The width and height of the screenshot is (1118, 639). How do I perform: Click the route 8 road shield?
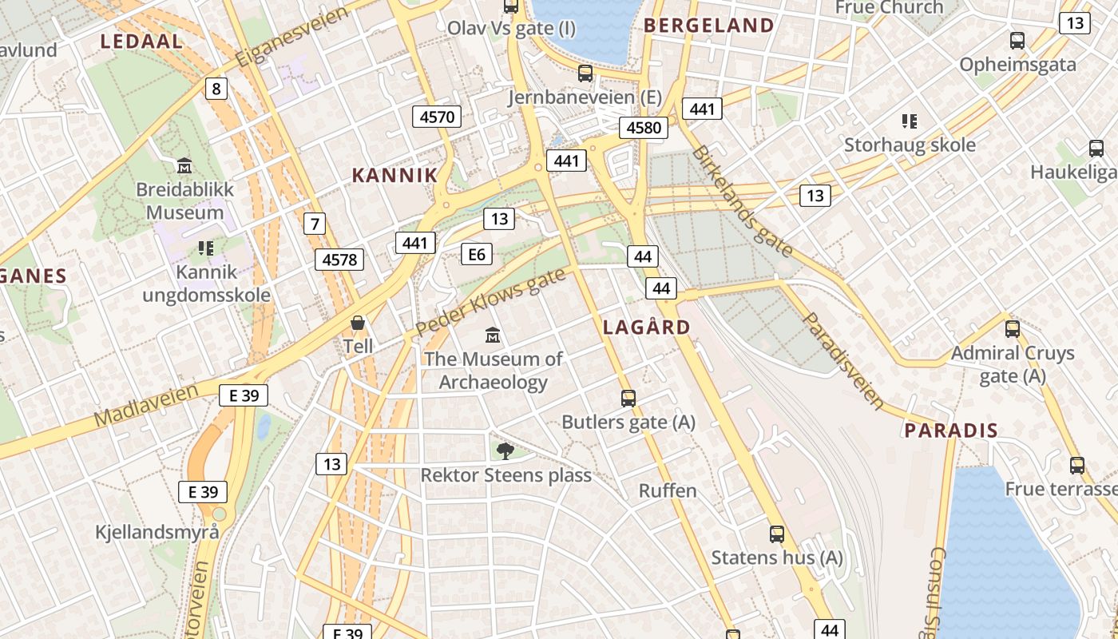216,88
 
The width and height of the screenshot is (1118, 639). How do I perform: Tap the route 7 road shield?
315,224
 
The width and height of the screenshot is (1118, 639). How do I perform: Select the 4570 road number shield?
437,117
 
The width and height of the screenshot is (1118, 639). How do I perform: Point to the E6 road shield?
476,254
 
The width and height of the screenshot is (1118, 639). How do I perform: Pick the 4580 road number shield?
643,128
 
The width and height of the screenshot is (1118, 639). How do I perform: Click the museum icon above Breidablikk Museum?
184,166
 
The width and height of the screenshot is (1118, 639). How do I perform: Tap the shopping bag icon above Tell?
358,323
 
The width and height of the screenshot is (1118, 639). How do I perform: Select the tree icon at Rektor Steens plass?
505,451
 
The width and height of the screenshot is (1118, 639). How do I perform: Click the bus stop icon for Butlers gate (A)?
628,398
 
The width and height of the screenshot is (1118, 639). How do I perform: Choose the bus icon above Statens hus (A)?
776,534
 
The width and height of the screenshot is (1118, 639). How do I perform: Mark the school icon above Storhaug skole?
909,121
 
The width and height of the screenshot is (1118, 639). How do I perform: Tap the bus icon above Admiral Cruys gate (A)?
1013,328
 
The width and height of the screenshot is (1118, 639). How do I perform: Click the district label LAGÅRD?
646,327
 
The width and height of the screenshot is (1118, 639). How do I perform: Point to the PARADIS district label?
950,431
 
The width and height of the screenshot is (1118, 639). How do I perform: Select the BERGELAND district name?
708,26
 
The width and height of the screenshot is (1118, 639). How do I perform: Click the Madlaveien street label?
145,405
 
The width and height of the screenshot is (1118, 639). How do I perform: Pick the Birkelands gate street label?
743,200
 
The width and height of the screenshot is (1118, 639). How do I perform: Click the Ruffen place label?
668,490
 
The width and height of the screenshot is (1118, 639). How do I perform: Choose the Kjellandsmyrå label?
157,532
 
